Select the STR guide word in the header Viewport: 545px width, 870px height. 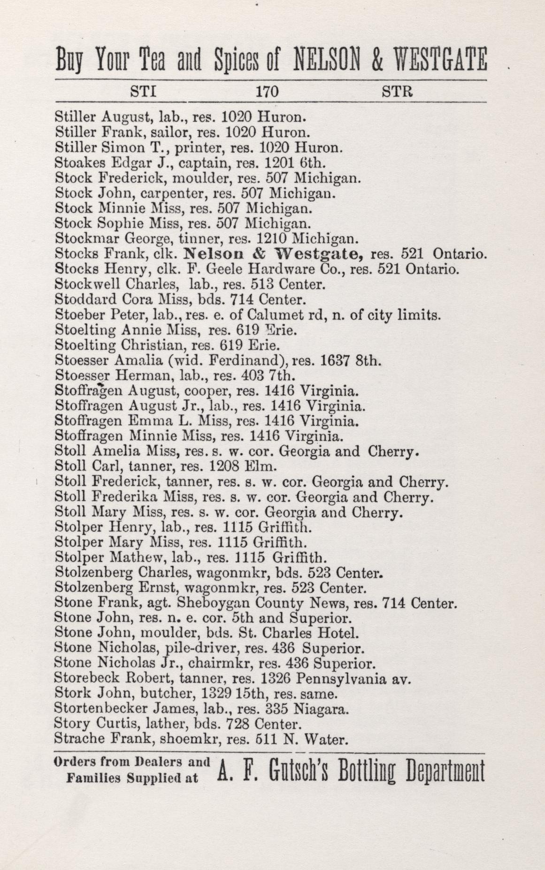(397, 91)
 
